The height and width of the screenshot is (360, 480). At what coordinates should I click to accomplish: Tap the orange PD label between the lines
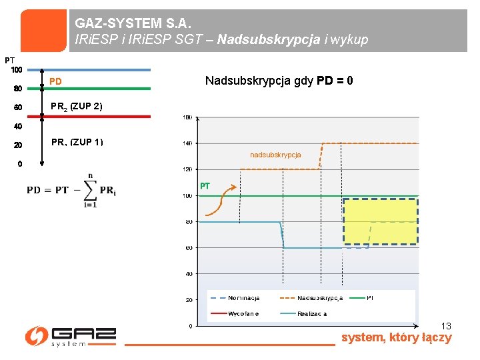click(55, 82)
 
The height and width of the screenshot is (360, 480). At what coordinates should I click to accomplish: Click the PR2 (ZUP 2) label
click(77, 107)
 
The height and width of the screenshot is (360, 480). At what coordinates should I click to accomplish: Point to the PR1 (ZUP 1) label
click(77, 142)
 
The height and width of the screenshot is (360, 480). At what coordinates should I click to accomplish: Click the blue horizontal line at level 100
click(93, 69)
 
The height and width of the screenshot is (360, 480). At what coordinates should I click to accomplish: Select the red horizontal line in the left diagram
click(93, 116)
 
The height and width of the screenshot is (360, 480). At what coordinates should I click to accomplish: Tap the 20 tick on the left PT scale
click(18, 145)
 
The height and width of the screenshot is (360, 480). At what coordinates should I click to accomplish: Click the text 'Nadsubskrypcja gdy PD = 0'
click(279, 81)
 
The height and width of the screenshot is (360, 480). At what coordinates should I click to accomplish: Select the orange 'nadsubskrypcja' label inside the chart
click(275, 155)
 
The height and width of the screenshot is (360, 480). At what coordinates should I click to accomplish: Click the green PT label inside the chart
click(205, 186)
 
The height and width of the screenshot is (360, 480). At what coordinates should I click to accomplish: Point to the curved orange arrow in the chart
click(221, 201)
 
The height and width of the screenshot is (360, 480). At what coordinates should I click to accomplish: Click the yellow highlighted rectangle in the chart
click(381, 223)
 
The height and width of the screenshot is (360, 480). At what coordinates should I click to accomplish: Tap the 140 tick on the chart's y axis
click(189, 143)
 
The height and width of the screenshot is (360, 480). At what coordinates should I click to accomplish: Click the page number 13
click(446, 326)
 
